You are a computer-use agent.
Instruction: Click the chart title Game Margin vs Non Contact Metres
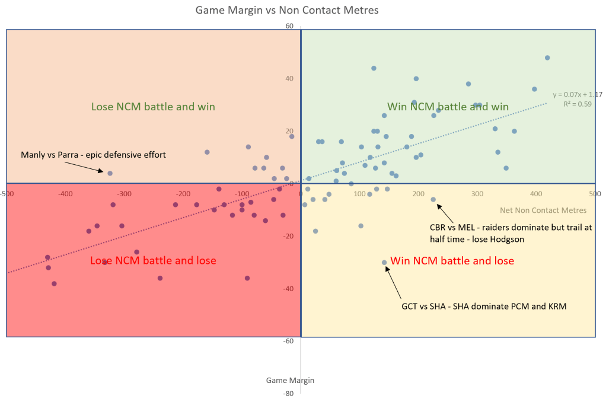287,10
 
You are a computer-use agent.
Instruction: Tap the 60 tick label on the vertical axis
289,26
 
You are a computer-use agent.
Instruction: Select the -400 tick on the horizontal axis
65,194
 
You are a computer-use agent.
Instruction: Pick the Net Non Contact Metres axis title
543,210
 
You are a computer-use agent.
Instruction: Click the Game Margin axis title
290,380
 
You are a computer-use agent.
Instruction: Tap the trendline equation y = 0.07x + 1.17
577,94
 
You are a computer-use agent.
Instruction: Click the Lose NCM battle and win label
153,107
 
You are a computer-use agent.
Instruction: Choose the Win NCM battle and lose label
451,261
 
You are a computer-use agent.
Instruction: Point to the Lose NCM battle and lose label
153,260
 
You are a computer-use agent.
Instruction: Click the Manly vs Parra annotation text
94,155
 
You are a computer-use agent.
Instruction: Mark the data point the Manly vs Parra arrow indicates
110,173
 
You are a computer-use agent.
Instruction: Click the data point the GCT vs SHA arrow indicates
384,262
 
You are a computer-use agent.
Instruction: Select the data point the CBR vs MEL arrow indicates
433,200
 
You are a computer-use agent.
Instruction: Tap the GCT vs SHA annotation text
484,307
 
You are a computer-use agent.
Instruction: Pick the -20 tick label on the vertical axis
289,236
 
